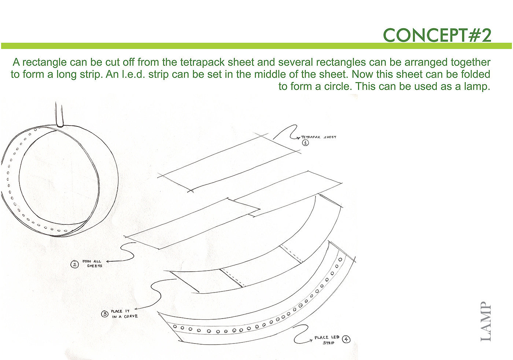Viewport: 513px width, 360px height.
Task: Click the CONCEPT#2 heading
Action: (x=437, y=35)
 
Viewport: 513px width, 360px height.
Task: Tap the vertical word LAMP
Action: (x=486, y=322)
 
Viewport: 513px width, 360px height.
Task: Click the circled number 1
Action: (x=305, y=143)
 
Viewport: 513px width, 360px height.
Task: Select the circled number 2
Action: (x=75, y=264)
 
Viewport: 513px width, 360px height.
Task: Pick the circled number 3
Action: (x=105, y=314)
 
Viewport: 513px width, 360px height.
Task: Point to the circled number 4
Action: (x=346, y=339)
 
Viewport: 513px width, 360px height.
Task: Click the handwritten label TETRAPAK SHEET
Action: (x=318, y=137)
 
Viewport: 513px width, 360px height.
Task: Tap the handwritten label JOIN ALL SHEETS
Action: (x=92, y=264)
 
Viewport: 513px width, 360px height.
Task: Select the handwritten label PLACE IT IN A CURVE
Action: (x=125, y=314)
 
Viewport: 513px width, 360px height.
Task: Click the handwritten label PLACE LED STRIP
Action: (x=327, y=340)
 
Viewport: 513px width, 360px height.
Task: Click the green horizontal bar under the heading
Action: (x=256, y=46)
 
